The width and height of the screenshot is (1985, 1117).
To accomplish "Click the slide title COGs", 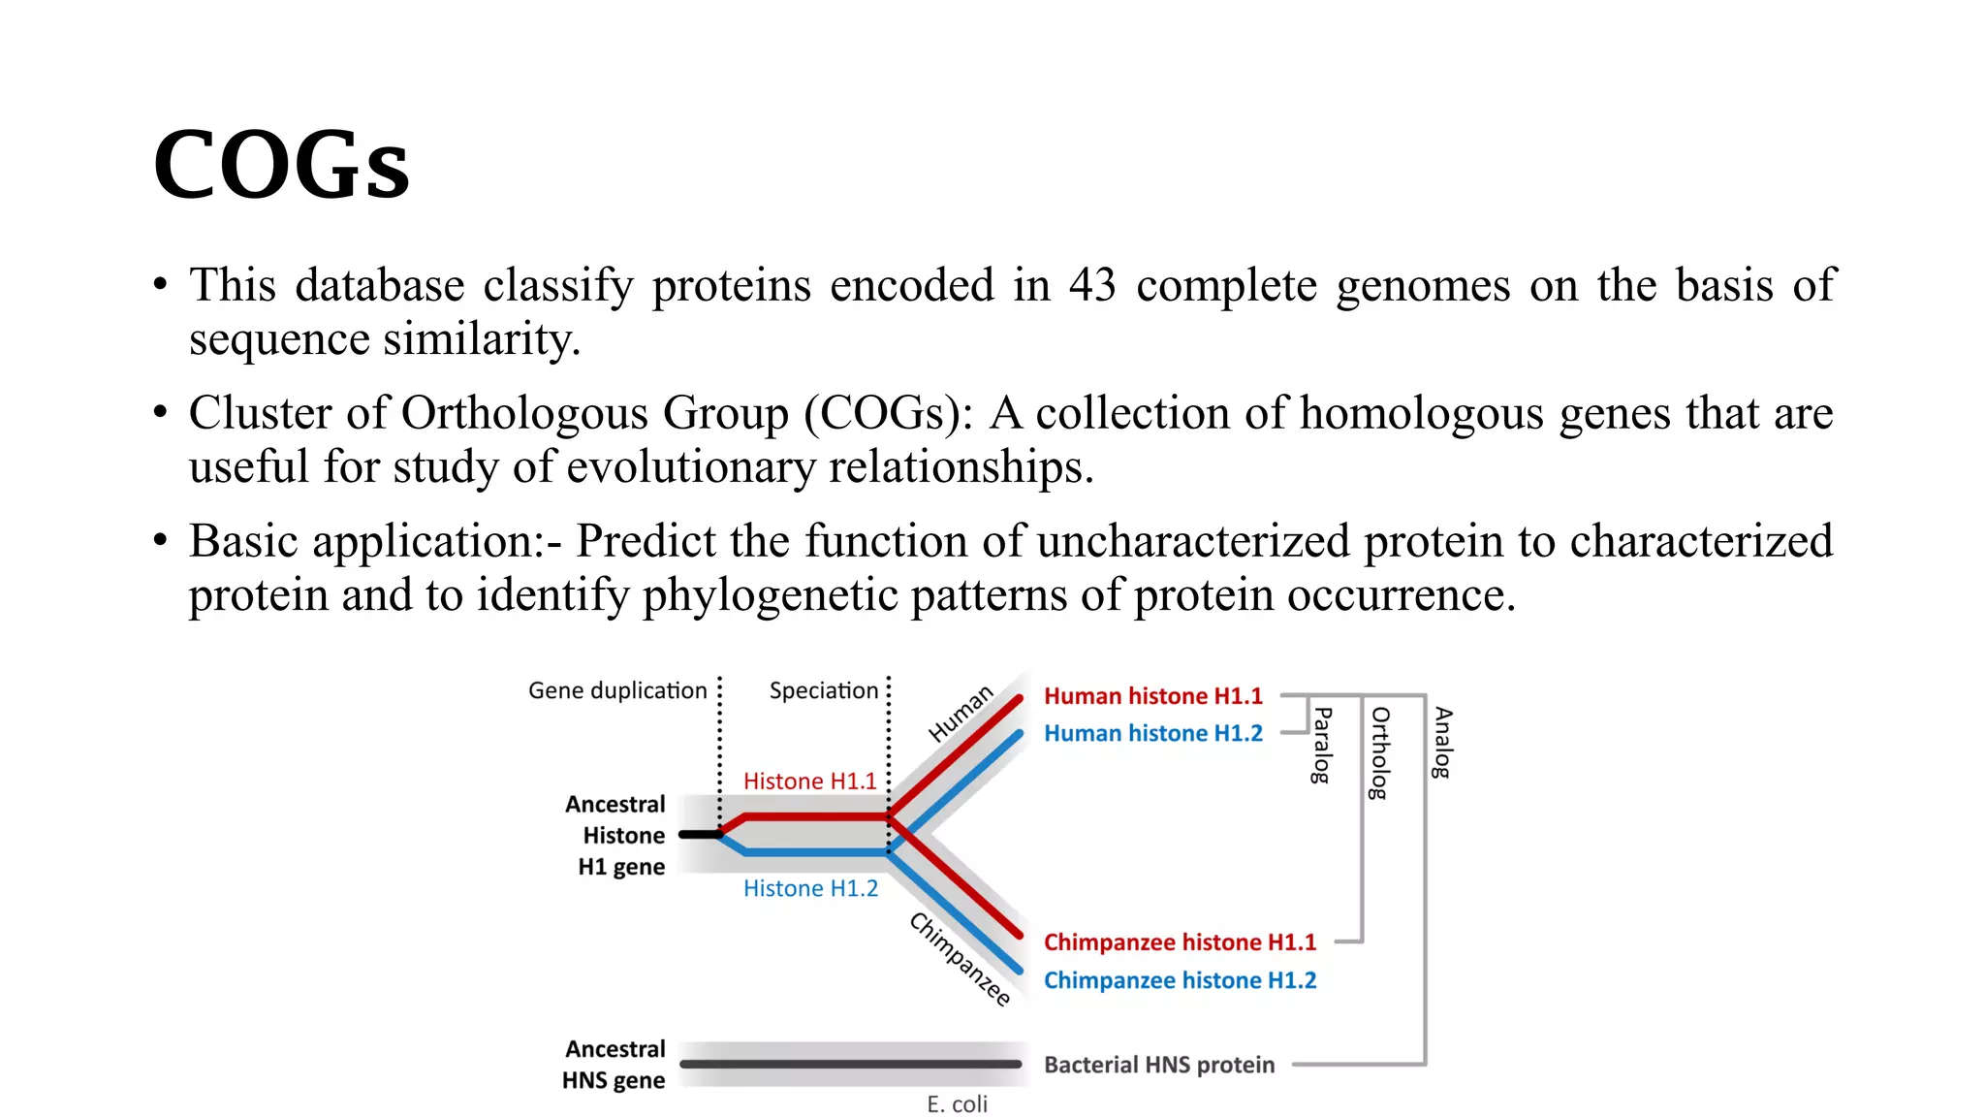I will (x=281, y=165).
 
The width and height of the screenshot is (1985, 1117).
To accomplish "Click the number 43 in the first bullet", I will (x=1092, y=285).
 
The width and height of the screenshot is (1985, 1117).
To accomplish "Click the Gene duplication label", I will (x=617, y=690).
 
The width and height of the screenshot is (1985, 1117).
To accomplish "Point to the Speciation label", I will (x=823, y=690).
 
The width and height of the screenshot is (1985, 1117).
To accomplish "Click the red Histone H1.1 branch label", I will (x=809, y=782).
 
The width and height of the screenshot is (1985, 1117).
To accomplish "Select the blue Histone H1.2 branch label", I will (x=810, y=888).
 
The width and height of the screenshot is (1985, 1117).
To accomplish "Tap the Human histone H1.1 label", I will (x=1152, y=696).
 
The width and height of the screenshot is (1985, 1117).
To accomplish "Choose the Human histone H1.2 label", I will (x=1152, y=733).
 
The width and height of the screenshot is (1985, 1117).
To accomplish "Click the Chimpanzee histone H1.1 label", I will (x=1180, y=942).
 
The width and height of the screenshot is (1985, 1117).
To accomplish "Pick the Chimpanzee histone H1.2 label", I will (x=1180, y=980).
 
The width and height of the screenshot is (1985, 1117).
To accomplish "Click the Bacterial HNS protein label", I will (x=1159, y=1065).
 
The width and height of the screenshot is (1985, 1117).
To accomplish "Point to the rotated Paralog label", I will (x=1321, y=745).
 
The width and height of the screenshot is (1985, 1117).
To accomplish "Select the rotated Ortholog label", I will (x=1380, y=752).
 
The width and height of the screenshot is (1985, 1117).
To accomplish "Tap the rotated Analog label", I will (x=1442, y=742).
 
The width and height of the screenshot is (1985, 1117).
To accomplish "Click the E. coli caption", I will (x=957, y=1104).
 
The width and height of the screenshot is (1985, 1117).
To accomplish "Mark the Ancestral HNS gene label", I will (x=614, y=1065).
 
